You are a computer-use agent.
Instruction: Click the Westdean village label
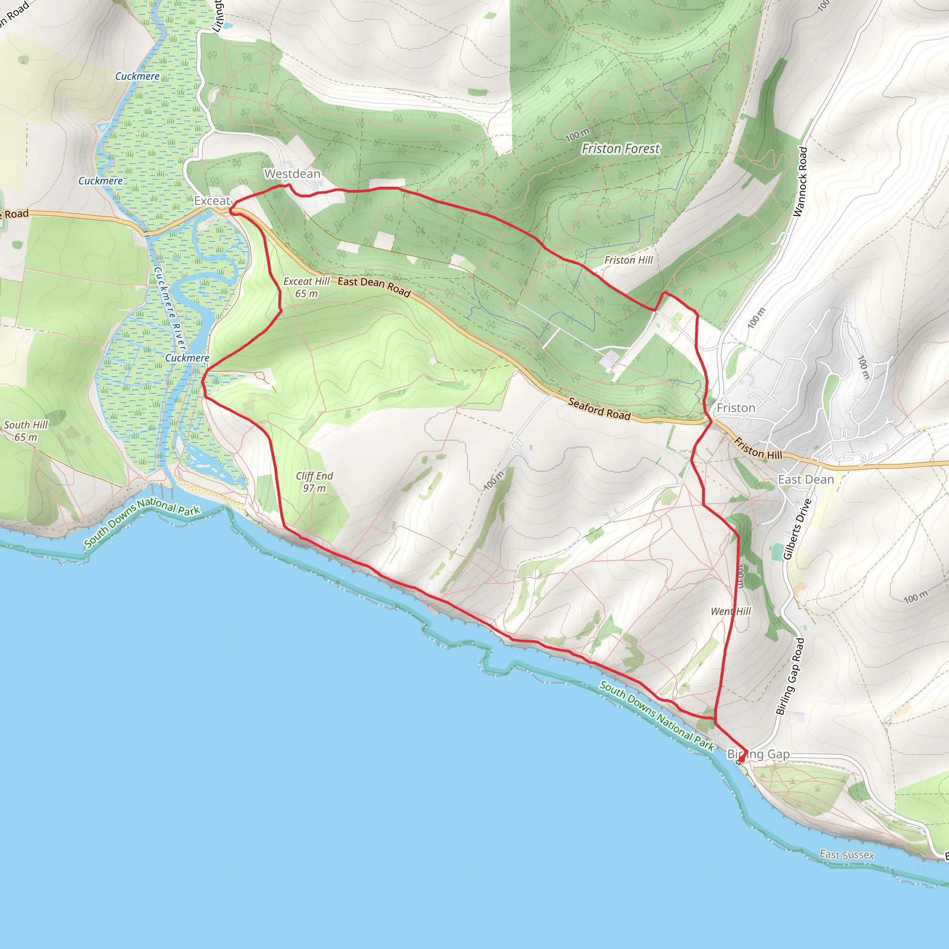(x=292, y=174)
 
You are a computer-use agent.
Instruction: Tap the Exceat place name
(x=212, y=201)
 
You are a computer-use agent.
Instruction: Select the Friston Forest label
(x=620, y=148)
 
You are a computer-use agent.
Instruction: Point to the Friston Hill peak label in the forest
(x=628, y=260)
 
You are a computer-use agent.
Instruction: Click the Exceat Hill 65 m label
(x=306, y=287)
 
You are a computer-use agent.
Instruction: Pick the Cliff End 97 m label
(x=314, y=482)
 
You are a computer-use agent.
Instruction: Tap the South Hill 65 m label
(x=26, y=431)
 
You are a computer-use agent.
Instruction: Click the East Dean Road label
(x=374, y=286)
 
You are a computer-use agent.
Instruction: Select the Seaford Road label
(x=599, y=409)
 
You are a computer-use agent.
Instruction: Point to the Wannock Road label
(x=800, y=182)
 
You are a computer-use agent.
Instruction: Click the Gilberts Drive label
(x=796, y=529)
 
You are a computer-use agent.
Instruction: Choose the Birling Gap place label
(x=759, y=754)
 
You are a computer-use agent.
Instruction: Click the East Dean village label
(x=806, y=480)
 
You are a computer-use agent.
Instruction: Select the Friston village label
(x=736, y=408)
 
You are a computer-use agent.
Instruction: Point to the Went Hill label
(x=731, y=611)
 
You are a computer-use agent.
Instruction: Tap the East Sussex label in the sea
(x=847, y=854)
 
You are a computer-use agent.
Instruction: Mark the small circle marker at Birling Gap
(x=738, y=762)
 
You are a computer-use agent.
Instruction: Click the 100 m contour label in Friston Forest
(x=577, y=134)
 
